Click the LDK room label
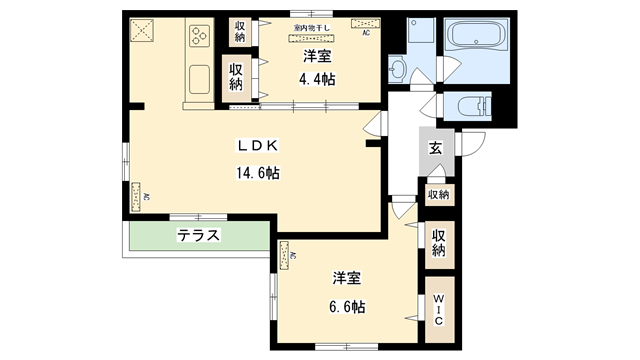[x=256, y=146]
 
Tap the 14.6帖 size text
[x=256, y=172]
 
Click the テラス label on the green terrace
[x=199, y=236]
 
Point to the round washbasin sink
[x=399, y=69]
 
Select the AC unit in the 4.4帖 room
[x=365, y=32]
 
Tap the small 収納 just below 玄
[x=438, y=194]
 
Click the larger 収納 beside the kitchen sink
[x=237, y=77]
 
